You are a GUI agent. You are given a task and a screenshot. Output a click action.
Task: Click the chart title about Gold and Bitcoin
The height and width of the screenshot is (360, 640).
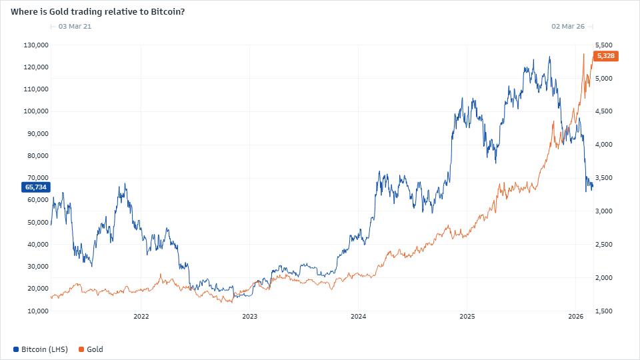pyautogui.click(x=97, y=11)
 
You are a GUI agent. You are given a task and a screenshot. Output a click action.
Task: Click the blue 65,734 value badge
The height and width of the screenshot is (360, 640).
pyautogui.click(x=36, y=187)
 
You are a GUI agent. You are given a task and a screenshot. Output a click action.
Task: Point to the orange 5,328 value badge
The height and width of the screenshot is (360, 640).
pyautogui.click(x=605, y=56)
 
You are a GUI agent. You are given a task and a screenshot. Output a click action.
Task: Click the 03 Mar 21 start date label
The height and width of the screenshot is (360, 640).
pyautogui.click(x=75, y=27)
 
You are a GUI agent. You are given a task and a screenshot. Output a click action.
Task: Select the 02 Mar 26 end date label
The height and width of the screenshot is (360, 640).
pyautogui.click(x=568, y=27)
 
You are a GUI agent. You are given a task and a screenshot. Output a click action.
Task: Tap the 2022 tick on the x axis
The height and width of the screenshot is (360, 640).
pyautogui.click(x=141, y=317)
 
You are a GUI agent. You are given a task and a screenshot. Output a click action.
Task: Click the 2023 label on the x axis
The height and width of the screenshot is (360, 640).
pyautogui.click(x=249, y=317)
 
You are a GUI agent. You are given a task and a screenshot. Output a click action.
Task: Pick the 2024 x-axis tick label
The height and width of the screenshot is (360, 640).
pyautogui.click(x=358, y=317)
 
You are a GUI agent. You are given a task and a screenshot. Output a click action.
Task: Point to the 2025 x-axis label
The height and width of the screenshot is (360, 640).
pyautogui.click(x=467, y=317)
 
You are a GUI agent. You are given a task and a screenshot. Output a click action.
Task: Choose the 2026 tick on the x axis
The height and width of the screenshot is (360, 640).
pyautogui.click(x=575, y=317)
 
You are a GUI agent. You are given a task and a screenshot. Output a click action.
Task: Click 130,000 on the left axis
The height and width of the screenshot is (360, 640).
pyautogui.click(x=35, y=45)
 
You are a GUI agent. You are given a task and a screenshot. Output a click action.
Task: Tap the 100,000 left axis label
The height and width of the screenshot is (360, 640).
pyautogui.click(x=35, y=111)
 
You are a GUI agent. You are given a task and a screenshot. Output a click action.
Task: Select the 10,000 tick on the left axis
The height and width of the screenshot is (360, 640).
pyautogui.click(x=37, y=311)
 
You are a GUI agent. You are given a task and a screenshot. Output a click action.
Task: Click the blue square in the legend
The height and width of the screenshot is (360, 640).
pyautogui.click(x=16, y=349)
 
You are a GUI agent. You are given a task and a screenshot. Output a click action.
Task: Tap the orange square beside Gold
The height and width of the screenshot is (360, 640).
pyautogui.click(x=81, y=349)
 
